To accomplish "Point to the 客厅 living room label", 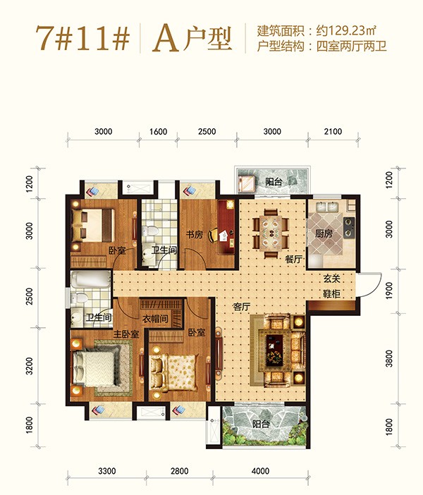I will (243, 307).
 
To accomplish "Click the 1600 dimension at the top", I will (159, 132).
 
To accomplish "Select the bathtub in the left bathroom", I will (90, 283).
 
